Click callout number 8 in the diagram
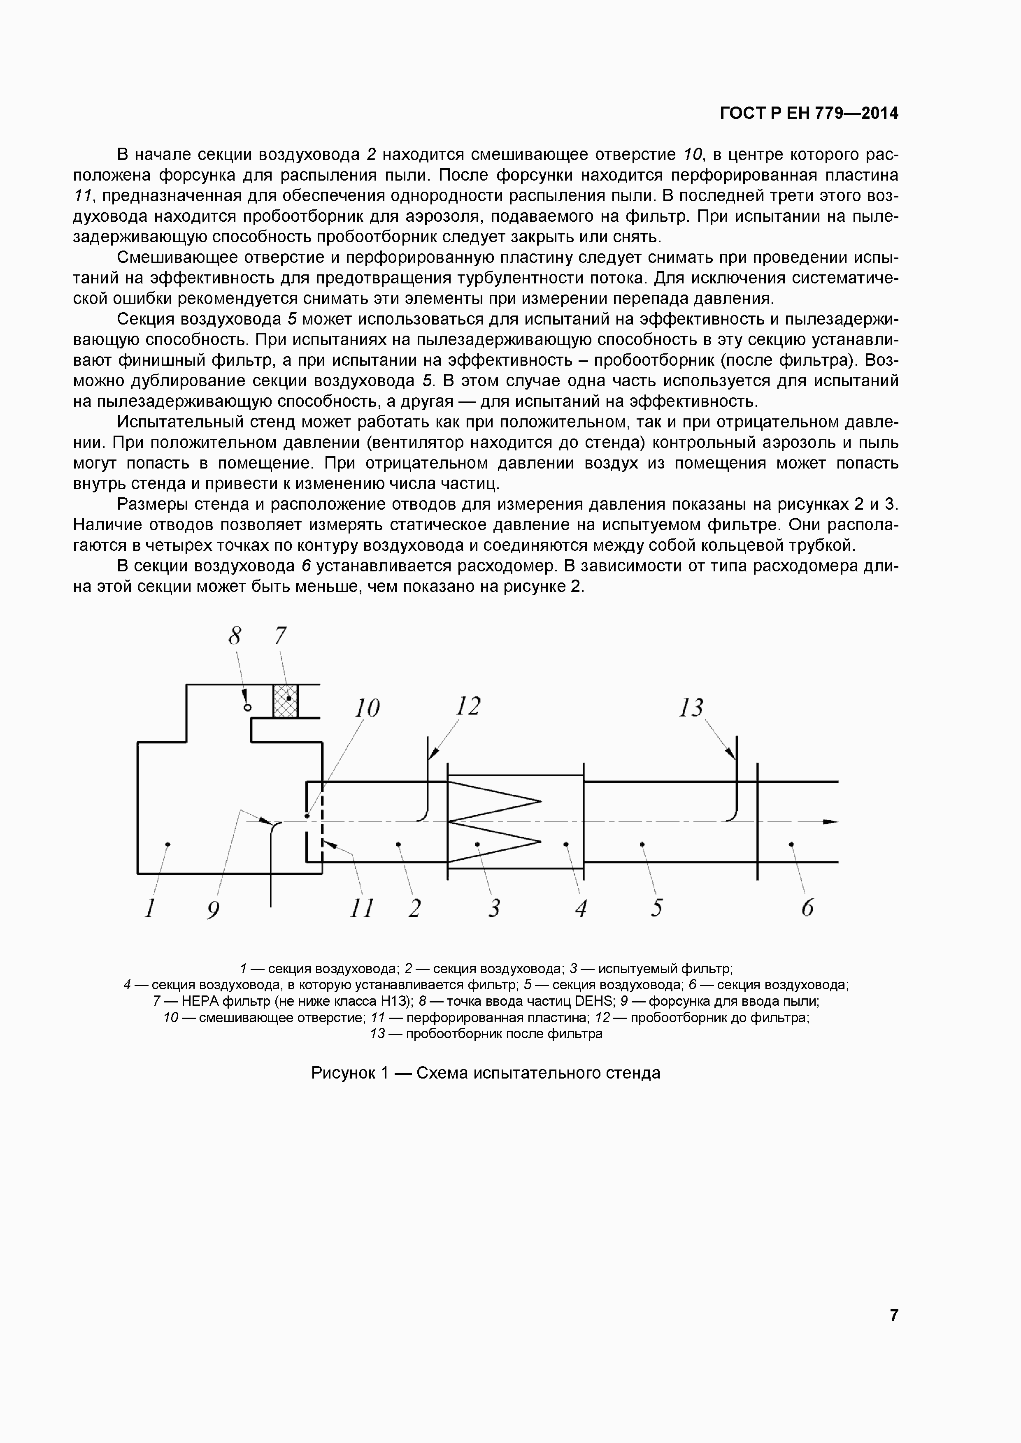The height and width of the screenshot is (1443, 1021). tap(235, 637)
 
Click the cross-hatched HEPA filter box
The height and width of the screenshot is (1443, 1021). tap(286, 701)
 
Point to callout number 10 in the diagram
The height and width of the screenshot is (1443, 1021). tap(367, 708)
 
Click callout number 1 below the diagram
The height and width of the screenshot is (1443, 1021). tap(150, 908)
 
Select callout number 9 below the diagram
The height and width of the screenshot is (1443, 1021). tap(214, 909)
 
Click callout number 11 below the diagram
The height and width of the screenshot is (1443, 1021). tap(361, 908)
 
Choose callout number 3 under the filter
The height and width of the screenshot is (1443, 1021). tap(495, 908)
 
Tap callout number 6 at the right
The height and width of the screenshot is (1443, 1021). tap(807, 908)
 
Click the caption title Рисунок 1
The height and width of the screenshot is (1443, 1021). tap(350, 1073)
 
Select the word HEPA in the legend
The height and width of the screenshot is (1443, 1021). tap(200, 1001)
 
